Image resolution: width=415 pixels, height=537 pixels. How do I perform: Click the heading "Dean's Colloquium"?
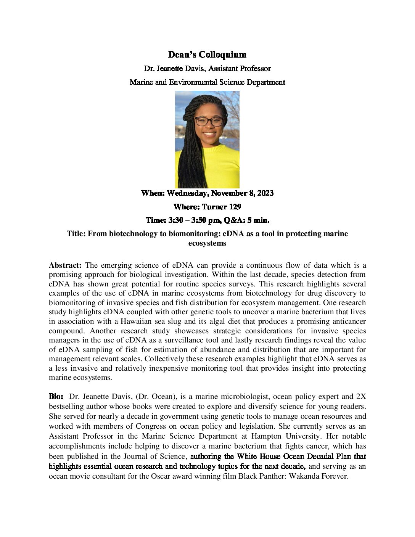[207, 55]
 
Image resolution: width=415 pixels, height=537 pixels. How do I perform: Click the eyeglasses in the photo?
[209, 122]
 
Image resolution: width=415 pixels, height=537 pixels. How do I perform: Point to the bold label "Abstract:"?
[65, 265]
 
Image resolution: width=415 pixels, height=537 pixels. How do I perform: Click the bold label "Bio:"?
[56, 397]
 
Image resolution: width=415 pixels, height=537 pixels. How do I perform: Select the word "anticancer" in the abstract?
[347, 321]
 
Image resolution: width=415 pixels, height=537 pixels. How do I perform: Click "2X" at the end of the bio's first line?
[361, 397]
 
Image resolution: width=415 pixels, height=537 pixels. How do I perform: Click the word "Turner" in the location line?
[214, 207]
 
